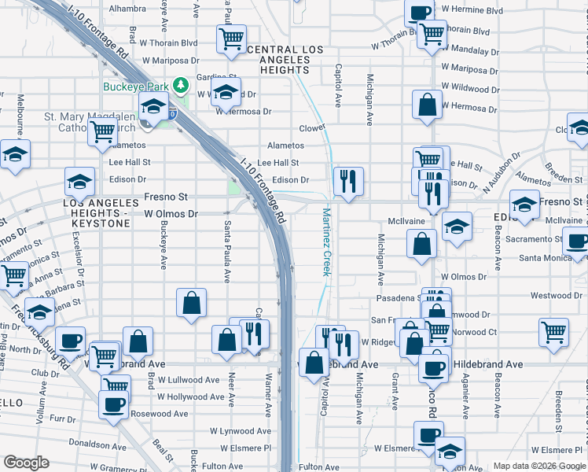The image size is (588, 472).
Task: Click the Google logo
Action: click(x=26, y=463)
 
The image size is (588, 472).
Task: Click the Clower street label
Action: click(x=312, y=127)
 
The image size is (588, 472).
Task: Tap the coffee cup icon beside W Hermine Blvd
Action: click(x=419, y=13)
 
